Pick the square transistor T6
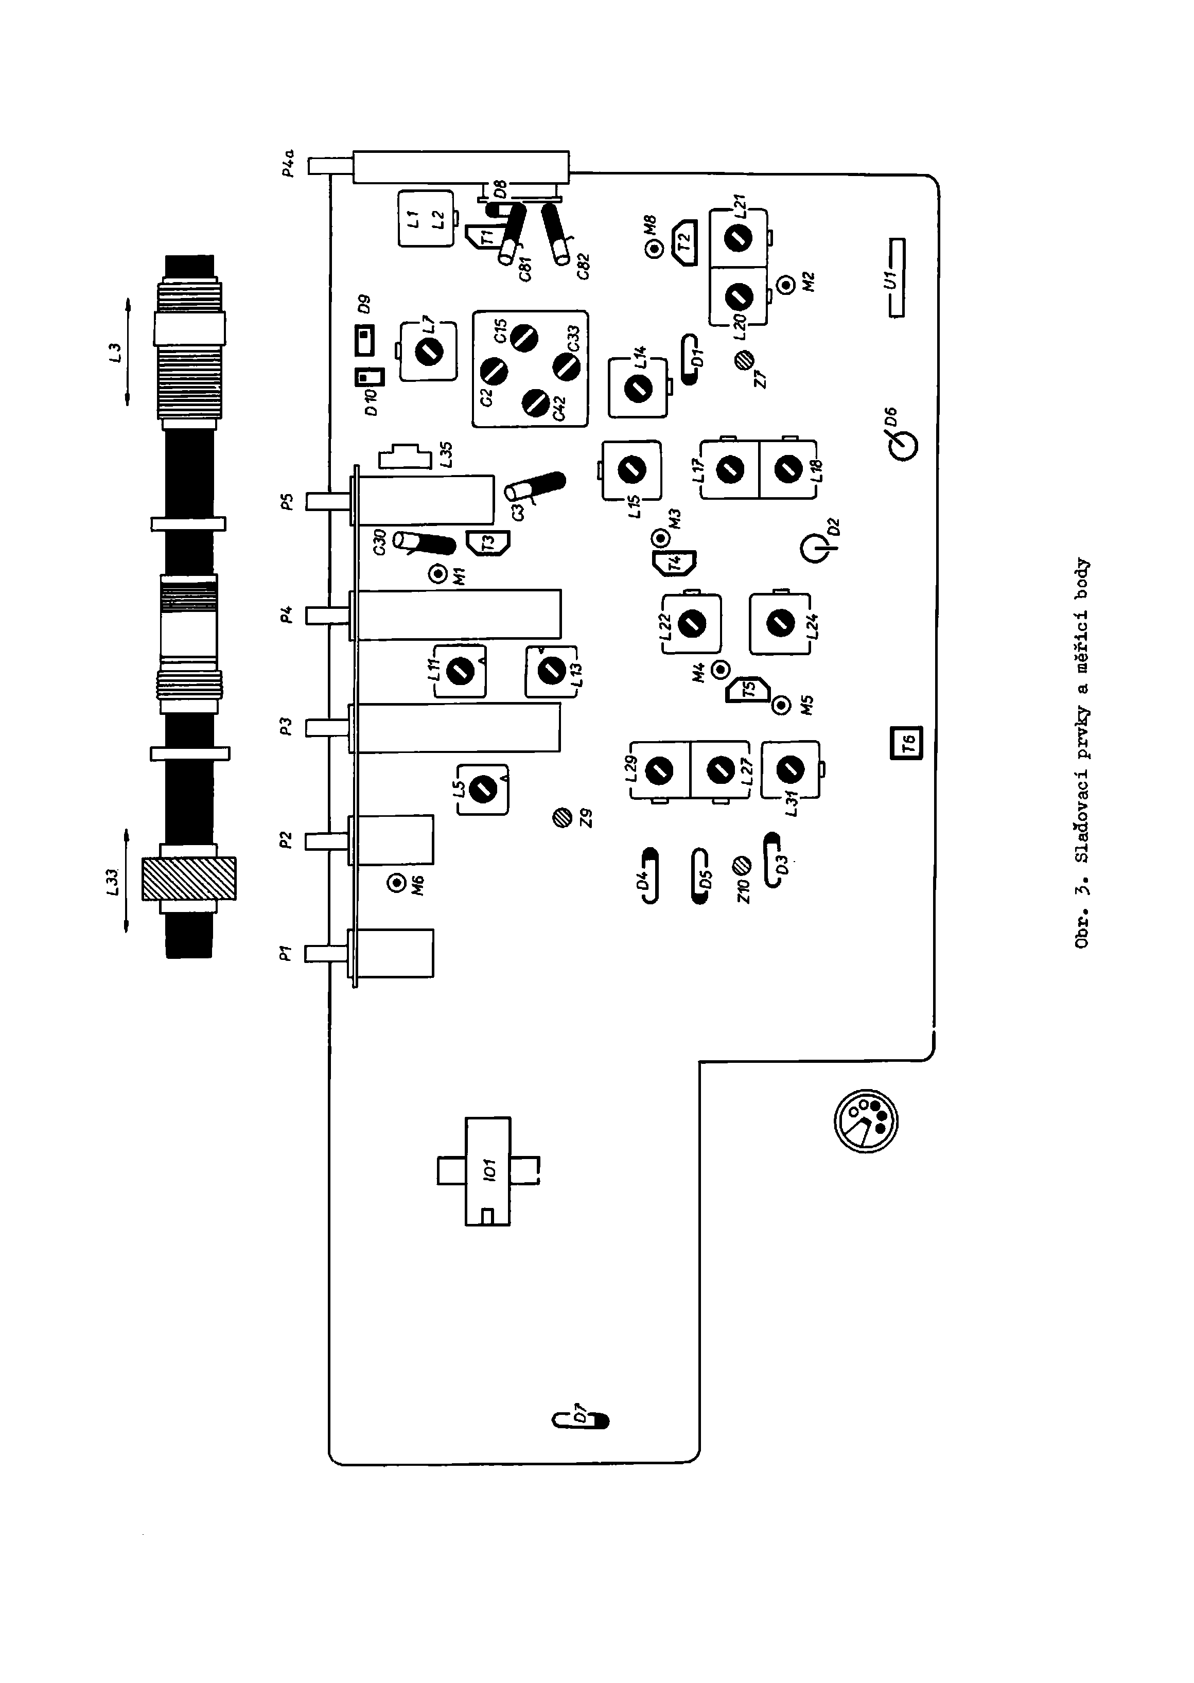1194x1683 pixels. click(906, 743)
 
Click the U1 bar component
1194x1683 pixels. click(896, 277)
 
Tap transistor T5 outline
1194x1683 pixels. click(748, 690)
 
